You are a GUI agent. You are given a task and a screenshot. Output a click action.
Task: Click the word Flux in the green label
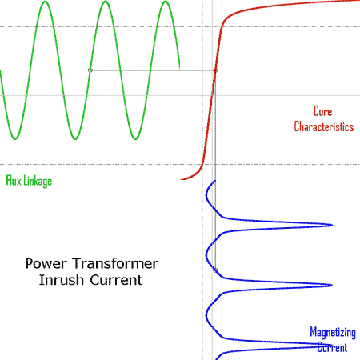(14, 181)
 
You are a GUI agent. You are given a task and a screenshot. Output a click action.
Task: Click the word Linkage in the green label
(37, 181)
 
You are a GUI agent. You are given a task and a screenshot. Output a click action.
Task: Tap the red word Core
(322, 112)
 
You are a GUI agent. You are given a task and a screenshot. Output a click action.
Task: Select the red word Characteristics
(323, 126)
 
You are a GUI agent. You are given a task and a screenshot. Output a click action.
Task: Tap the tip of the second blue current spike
(330, 286)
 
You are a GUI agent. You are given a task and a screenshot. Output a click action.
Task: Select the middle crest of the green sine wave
(103, 2)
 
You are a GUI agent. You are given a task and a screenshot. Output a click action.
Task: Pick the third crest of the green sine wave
(164, 2)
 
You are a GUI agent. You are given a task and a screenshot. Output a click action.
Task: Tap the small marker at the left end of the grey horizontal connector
(90, 70)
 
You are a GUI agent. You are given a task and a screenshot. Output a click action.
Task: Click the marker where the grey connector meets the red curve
(215, 70)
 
